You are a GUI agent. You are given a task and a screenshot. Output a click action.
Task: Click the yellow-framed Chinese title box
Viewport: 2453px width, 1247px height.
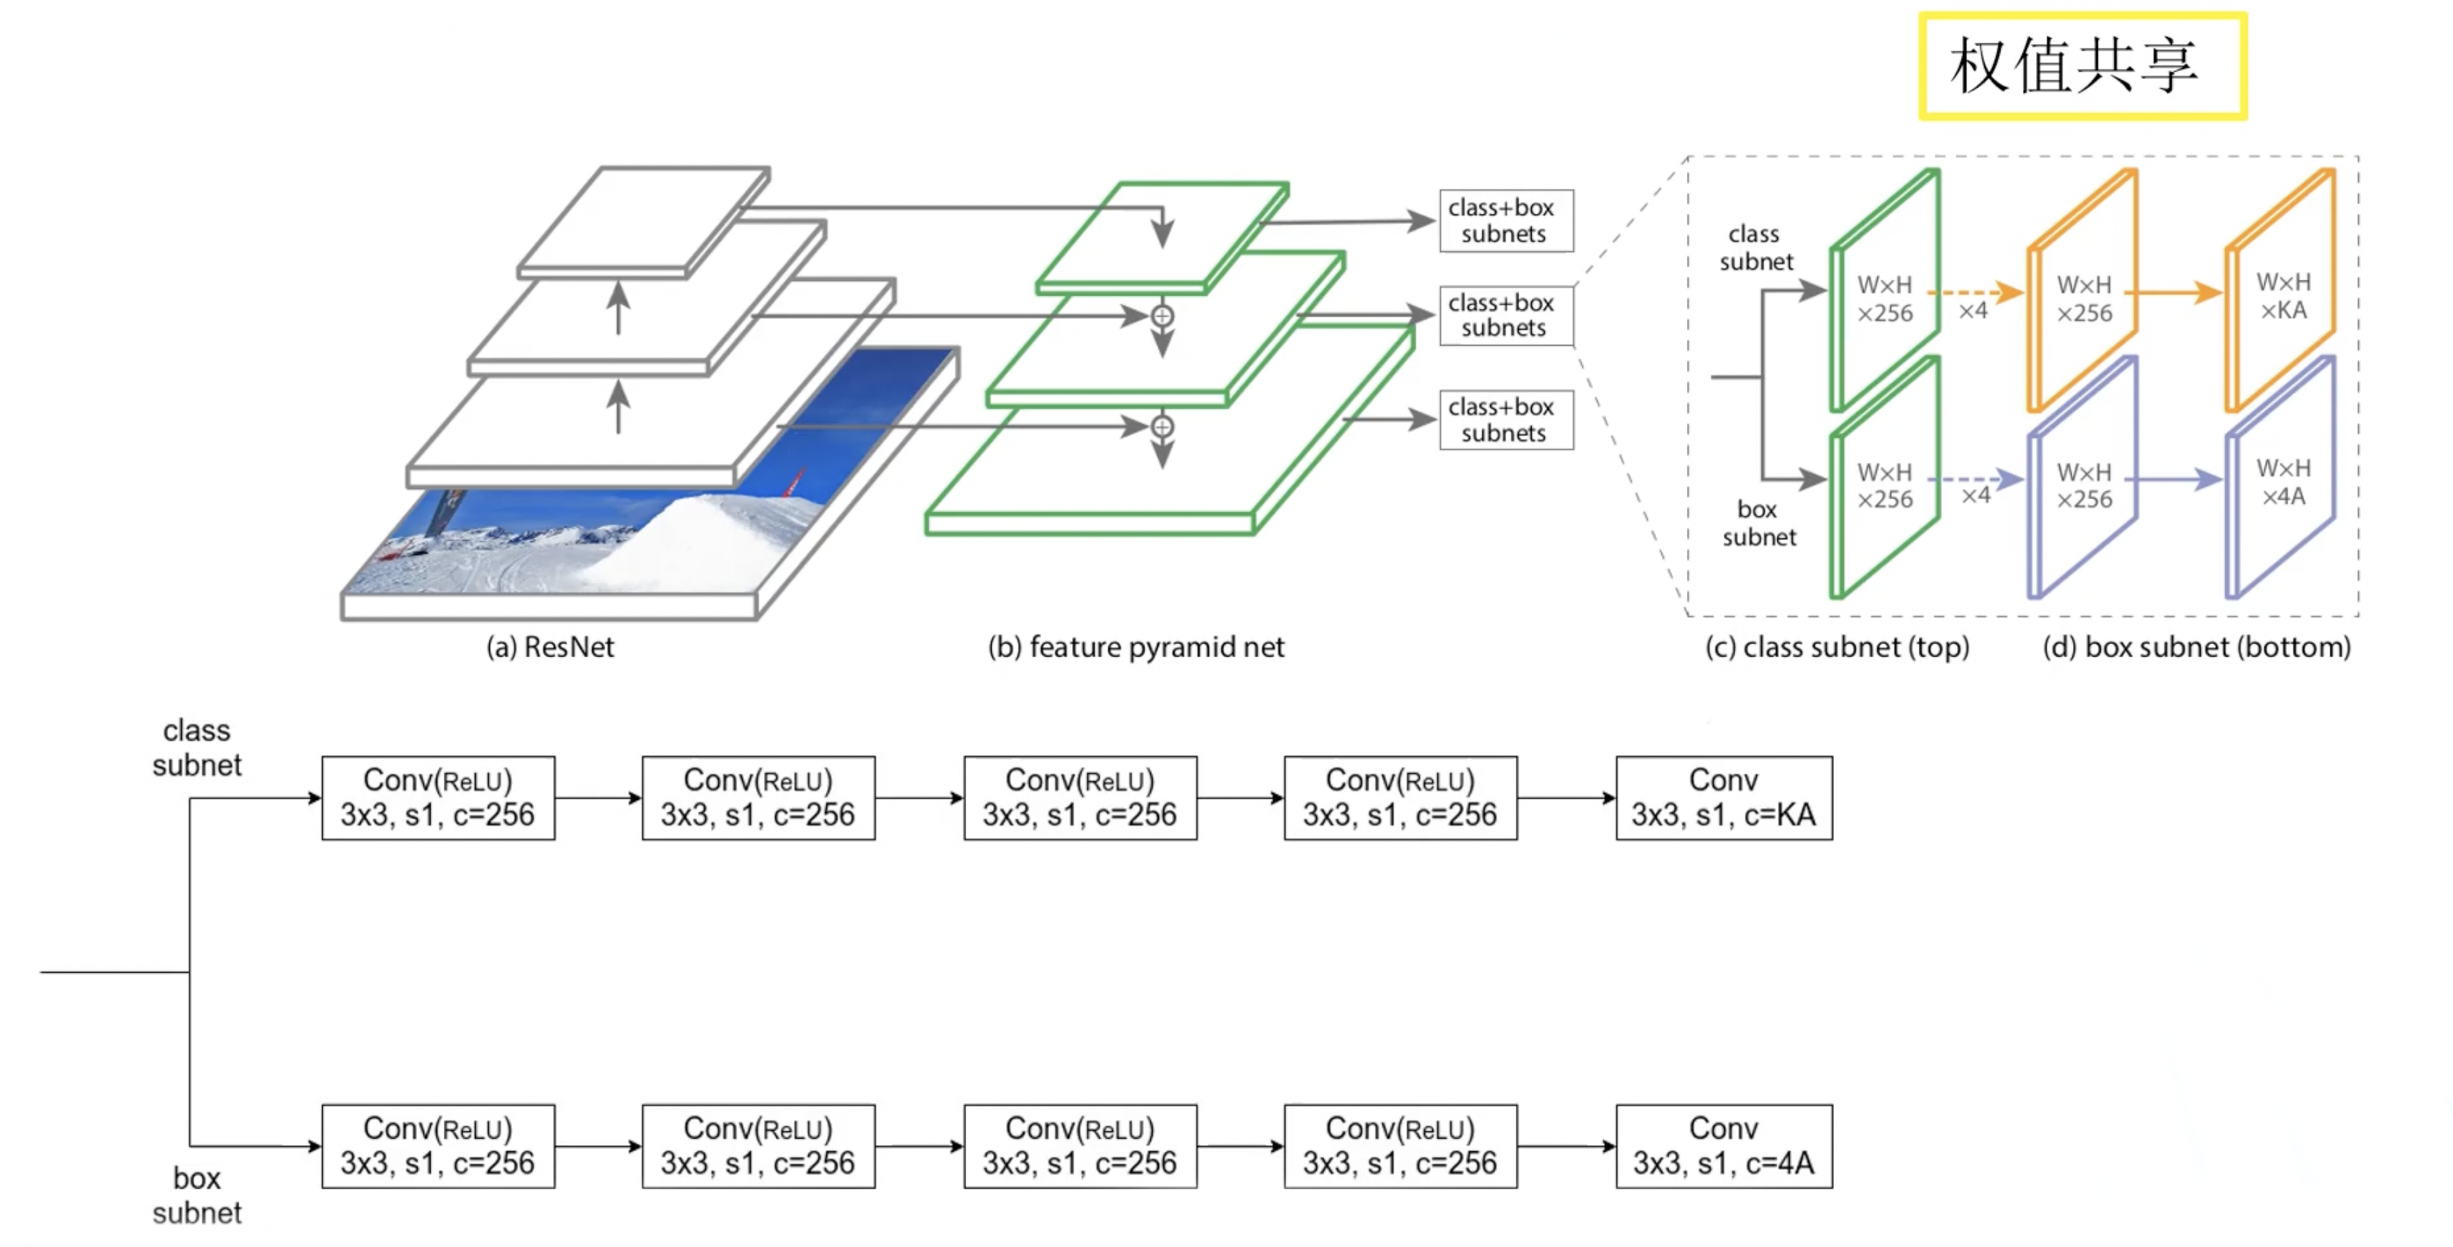(2083, 66)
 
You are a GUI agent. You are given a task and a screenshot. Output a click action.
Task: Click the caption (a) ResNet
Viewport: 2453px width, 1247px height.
(550, 648)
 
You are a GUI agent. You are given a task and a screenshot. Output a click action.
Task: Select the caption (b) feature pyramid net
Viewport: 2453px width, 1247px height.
(1136, 648)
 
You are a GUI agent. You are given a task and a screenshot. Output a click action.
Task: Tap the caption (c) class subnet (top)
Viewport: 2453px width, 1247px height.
(1837, 648)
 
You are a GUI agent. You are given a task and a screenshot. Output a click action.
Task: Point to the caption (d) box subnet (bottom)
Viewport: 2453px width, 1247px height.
(2197, 648)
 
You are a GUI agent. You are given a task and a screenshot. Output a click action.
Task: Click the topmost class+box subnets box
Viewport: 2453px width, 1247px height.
(1506, 221)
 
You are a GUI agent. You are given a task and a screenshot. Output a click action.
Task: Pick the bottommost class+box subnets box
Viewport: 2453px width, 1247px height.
(1506, 420)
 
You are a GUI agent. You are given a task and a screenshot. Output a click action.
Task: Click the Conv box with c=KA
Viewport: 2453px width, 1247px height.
(1723, 798)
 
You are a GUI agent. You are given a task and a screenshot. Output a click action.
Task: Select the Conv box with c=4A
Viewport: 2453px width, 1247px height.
(1723, 1146)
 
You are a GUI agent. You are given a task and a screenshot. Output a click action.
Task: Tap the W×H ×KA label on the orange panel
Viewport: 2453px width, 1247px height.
(2284, 296)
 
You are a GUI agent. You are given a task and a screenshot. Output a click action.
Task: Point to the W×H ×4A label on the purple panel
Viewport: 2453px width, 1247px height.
(2284, 482)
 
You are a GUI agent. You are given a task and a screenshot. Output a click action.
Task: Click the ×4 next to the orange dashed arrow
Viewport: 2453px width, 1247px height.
(1973, 312)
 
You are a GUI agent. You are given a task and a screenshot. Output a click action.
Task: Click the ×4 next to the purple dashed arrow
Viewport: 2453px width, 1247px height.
(1976, 495)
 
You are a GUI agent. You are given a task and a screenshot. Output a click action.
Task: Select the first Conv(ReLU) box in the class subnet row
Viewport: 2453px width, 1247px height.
(438, 798)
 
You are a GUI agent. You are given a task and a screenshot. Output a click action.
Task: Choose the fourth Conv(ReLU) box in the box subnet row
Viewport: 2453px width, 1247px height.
(1399, 1146)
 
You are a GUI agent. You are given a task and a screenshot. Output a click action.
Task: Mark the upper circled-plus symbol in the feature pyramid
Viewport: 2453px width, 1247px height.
(1162, 315)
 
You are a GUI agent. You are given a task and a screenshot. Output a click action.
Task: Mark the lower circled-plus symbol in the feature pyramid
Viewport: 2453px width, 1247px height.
(1162, 426)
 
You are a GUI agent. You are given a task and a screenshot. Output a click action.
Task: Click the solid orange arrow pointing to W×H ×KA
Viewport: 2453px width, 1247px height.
(2175, 292)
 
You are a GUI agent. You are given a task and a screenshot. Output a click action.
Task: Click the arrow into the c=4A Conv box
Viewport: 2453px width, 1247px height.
(1566, 1146)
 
